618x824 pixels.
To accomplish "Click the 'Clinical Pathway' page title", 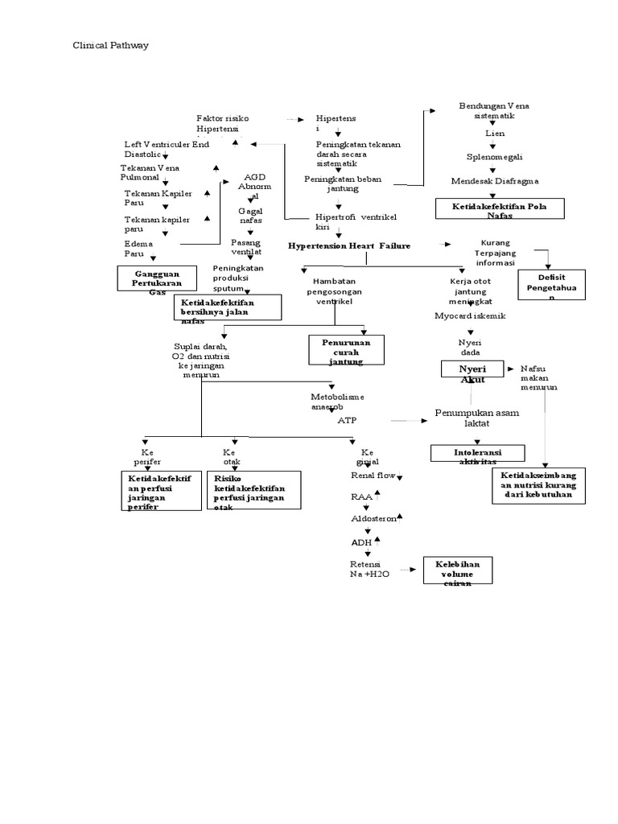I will pos(110,46).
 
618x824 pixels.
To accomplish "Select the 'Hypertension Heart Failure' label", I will pos(349,244).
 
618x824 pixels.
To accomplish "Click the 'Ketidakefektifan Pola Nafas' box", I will pos(497,209).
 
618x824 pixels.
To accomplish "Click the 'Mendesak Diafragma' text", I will pos(495,181).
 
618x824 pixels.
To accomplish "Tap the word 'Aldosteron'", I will pos(374,519).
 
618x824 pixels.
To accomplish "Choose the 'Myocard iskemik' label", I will pos(470,316).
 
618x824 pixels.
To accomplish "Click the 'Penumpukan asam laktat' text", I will pos(476,417).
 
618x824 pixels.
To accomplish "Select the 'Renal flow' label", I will pos(373,476).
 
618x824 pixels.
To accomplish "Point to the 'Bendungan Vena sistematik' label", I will pos(494,110).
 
